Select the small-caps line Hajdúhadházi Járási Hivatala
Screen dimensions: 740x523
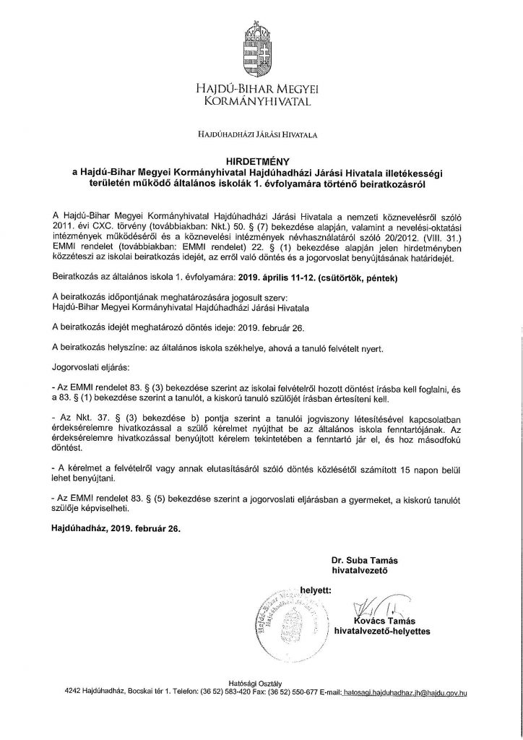click(x=261, y=134)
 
